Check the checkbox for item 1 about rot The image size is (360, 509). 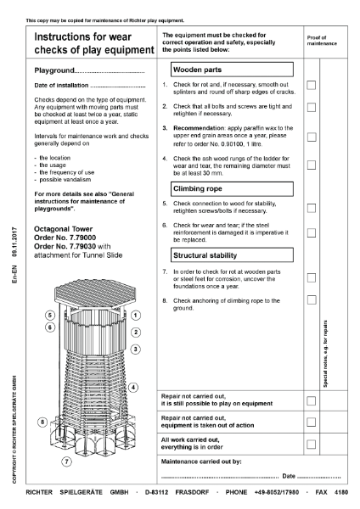point(311,85)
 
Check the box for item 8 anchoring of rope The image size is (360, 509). point(311,299)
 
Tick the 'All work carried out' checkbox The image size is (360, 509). point(311,443)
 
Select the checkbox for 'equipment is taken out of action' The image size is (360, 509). point(311,421)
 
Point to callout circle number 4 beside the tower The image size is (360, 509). point(133,388)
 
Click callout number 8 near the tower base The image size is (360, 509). point(42,422)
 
